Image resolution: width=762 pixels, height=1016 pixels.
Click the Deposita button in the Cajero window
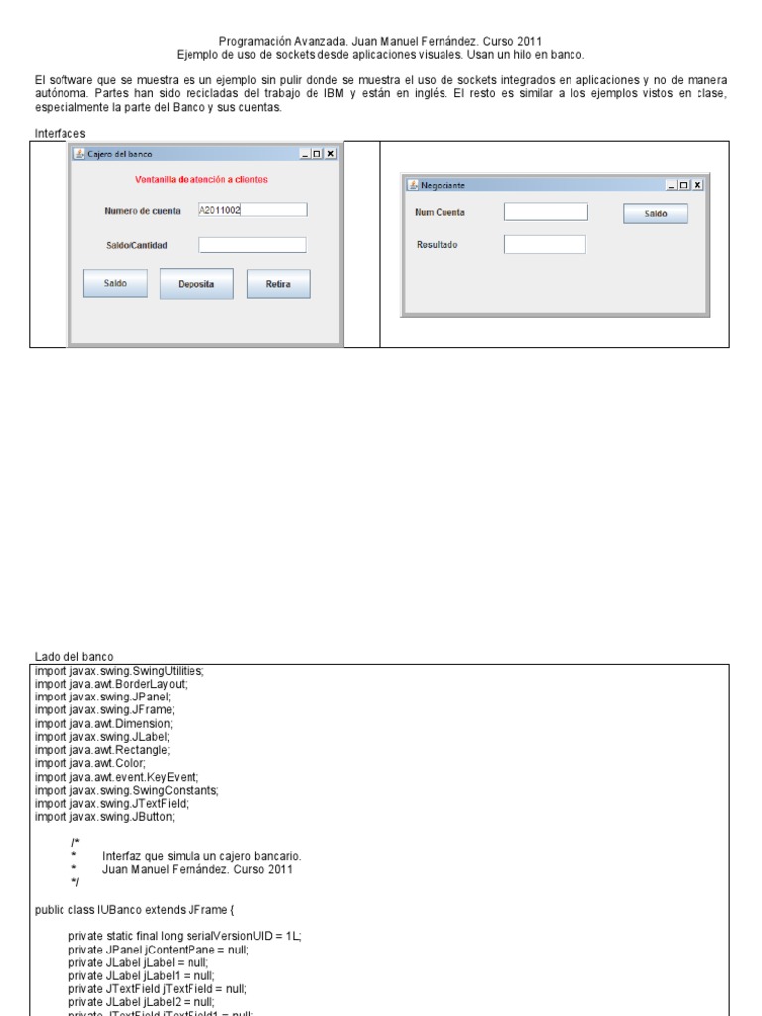(196, 284)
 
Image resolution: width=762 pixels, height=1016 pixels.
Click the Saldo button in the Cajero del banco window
(115, 284)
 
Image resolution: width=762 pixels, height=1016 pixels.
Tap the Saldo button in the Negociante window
(655, 213)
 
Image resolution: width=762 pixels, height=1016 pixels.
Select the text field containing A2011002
(252, 210)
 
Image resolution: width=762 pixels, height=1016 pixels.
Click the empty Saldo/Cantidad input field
(252, 245)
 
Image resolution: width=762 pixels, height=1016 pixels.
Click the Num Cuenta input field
(546, 212)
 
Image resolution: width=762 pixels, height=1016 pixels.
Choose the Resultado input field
(545, 244)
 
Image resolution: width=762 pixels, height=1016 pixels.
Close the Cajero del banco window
(331, 154)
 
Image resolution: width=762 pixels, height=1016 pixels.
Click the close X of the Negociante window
(698, 185)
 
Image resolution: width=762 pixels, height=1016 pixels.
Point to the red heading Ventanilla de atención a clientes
(201, 180)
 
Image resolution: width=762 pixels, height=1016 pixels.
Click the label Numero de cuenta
(142, 211)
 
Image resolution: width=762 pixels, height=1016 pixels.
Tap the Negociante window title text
(443, 185)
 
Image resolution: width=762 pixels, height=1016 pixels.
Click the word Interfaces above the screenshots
(60, 133)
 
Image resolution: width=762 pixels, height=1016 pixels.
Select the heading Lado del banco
(74, 656)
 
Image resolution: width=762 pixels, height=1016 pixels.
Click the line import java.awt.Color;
(90, 763)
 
